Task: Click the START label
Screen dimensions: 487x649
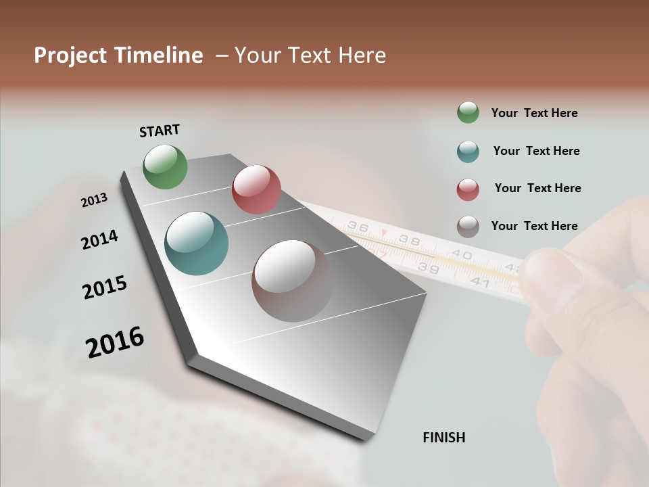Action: tap(160, 131)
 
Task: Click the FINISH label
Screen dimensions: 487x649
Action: tap(444, 438)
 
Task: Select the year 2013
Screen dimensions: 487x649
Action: tap(94, 200)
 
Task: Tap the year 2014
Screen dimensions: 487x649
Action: tap(99, 239)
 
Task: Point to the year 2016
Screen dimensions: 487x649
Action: tap(115, 342)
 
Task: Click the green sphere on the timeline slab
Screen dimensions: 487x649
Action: tap(165, 166)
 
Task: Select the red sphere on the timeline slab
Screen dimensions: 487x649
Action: tap(256, 189)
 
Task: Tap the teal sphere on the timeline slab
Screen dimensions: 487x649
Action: tap(197, 243)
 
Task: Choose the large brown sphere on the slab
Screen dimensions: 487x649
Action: tap(293, 280)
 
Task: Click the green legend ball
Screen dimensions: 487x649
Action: tap(468, 112)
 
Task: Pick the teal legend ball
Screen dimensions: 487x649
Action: tap(468, 152)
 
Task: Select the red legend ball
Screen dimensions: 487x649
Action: tap(468, 189)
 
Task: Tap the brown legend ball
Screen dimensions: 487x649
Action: tap(468, 227)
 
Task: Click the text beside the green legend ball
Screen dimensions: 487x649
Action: tap(534, 113)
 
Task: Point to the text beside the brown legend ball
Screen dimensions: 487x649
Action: tap(534, 226)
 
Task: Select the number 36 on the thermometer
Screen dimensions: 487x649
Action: tap(358, 227)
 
